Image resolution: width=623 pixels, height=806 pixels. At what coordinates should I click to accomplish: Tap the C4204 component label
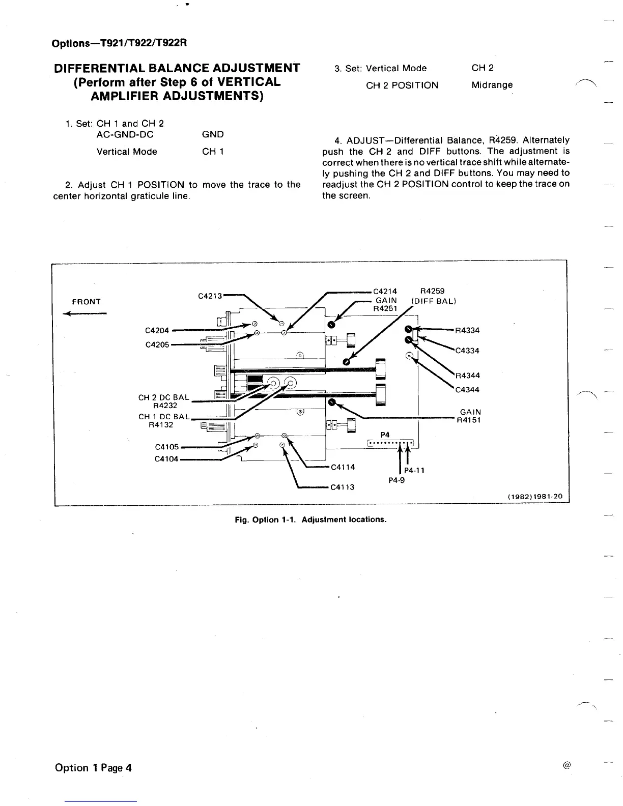point(157,331)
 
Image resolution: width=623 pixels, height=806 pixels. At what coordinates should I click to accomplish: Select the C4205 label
point(157,344)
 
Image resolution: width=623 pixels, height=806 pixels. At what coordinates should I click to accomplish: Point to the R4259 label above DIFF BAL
point(432,291)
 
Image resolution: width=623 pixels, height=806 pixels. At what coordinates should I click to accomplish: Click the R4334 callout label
point(467,330)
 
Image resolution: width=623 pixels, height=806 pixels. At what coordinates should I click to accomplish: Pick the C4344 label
point(467,390)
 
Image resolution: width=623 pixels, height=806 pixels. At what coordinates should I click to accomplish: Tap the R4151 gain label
point(469,420)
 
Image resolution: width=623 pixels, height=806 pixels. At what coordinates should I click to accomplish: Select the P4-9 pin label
point(397,480)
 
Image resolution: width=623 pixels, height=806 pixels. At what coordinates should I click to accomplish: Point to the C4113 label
point(343,487)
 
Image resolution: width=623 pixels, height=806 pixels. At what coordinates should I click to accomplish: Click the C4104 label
point(166,459)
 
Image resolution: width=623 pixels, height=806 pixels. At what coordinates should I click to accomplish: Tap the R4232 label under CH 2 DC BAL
point(165,406)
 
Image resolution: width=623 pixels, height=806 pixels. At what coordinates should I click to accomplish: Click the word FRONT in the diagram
point(87,302)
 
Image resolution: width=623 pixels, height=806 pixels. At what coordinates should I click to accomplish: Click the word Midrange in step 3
point(492,85)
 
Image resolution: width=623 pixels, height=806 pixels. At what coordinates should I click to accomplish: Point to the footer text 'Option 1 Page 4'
point(93,767)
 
